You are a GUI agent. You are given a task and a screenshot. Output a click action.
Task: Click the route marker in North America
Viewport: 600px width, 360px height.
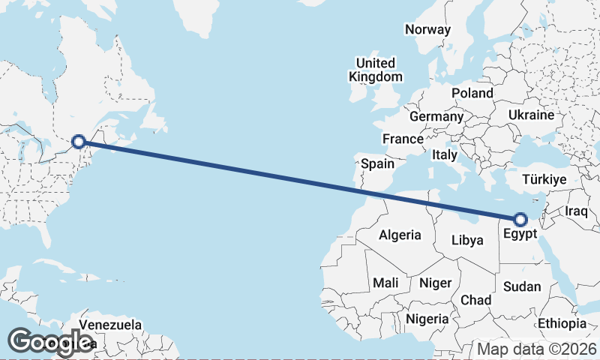click(79, 141)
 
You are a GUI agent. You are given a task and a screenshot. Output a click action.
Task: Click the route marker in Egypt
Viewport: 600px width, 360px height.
click(520, 219)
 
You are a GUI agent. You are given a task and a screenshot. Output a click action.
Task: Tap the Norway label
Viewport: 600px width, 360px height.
click(427, 30)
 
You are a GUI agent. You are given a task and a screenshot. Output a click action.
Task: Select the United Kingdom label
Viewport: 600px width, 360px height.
click(375, 70)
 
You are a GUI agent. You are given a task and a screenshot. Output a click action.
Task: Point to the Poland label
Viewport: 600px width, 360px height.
click(472, 94)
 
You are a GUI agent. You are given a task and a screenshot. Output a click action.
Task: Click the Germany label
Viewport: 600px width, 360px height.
click(436, 117)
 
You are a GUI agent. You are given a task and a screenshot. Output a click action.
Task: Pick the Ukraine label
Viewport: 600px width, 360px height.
click(531, 115)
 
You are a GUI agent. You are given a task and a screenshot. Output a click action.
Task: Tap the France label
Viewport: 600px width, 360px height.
click(403, 139)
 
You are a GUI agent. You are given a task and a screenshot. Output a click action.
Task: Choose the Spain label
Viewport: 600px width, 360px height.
click(377, 163)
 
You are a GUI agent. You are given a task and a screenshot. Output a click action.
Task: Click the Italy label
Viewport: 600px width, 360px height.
click(445, 155)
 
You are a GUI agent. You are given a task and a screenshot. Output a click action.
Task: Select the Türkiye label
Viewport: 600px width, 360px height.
click(544, 180)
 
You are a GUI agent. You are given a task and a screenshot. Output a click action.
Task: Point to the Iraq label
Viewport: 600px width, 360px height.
click(577, 212)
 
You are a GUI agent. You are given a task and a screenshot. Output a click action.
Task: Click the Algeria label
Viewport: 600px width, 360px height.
click(400, 235)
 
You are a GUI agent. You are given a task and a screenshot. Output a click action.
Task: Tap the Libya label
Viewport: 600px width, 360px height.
click(467, 241)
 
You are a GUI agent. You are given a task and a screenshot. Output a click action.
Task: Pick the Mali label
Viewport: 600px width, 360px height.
click(385, 283)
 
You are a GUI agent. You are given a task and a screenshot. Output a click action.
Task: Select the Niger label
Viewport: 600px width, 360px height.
click(435, 283)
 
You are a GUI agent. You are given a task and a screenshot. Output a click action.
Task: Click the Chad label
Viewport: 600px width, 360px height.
click(475, 300)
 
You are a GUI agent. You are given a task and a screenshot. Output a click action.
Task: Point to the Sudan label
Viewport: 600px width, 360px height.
click(521, 286)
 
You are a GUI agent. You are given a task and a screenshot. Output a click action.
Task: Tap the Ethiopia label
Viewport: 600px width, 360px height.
click(562, 323)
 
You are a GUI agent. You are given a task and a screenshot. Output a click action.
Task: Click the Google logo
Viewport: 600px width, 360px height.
click(49, 342)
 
